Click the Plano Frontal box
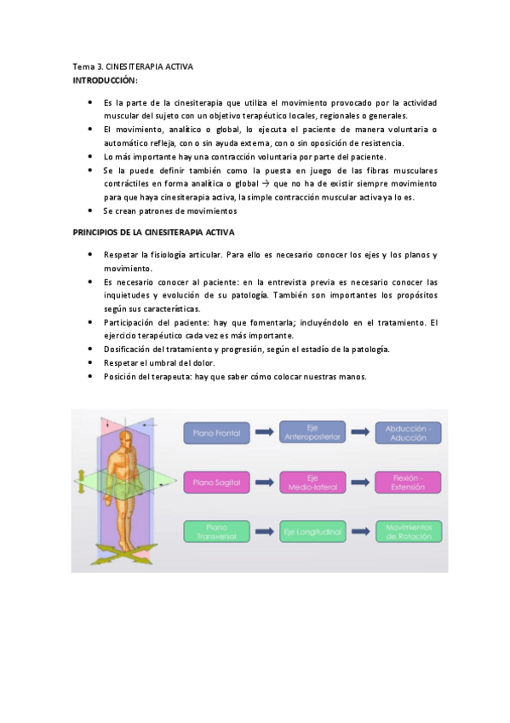pyautogui.click(x=216, y=433)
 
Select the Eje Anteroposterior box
pyautogui.click(x=312, y=433)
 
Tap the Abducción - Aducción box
pyautogui.click(x=409, y=433)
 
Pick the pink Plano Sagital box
pyautogui.click(x=216, y=483)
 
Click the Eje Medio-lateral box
pyautogui.click(x=312, y=483)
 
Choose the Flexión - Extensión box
pyautogui.click(x=409, y=483)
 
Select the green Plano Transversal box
pyautogui.click(x=216, y=531)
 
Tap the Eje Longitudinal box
pyautogui.click(x=312, y=531)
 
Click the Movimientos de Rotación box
pyautogui.click(x=409, y=531)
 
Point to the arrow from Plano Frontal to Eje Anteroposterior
pyautogui.click(x=264, y=433)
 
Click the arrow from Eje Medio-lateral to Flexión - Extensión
pyautogui.click(x=360, y=483)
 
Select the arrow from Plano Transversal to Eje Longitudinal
pyautogui.click(x=264, y=531)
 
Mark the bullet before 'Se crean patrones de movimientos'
pyautogui.click(x=90, y=211)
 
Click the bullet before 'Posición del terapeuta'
pyautogui.click(x=90, y=376)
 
